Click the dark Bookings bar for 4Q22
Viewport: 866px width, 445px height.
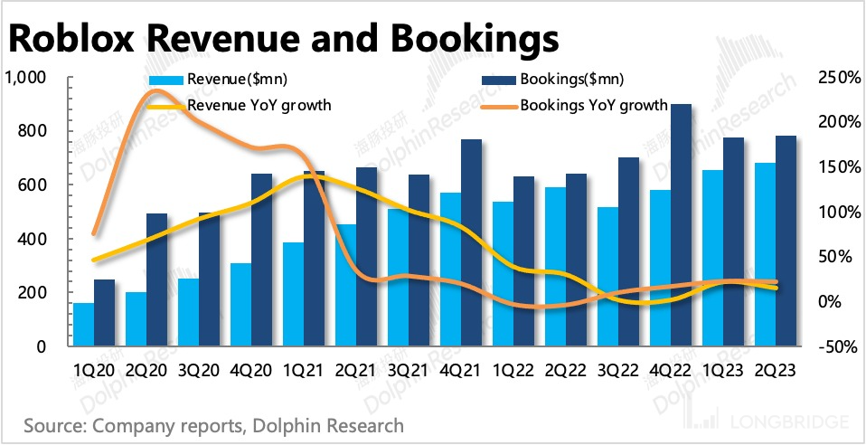coord(681,226)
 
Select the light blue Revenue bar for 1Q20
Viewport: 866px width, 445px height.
coord(83,325)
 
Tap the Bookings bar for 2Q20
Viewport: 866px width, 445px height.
coord(156,280)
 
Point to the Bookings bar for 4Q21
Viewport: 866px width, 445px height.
coord(471,243)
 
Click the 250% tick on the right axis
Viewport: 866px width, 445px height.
coord(835,78)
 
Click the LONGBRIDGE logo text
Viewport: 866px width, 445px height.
coord(787,422)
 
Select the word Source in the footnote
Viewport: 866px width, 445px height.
coord(53,423)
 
